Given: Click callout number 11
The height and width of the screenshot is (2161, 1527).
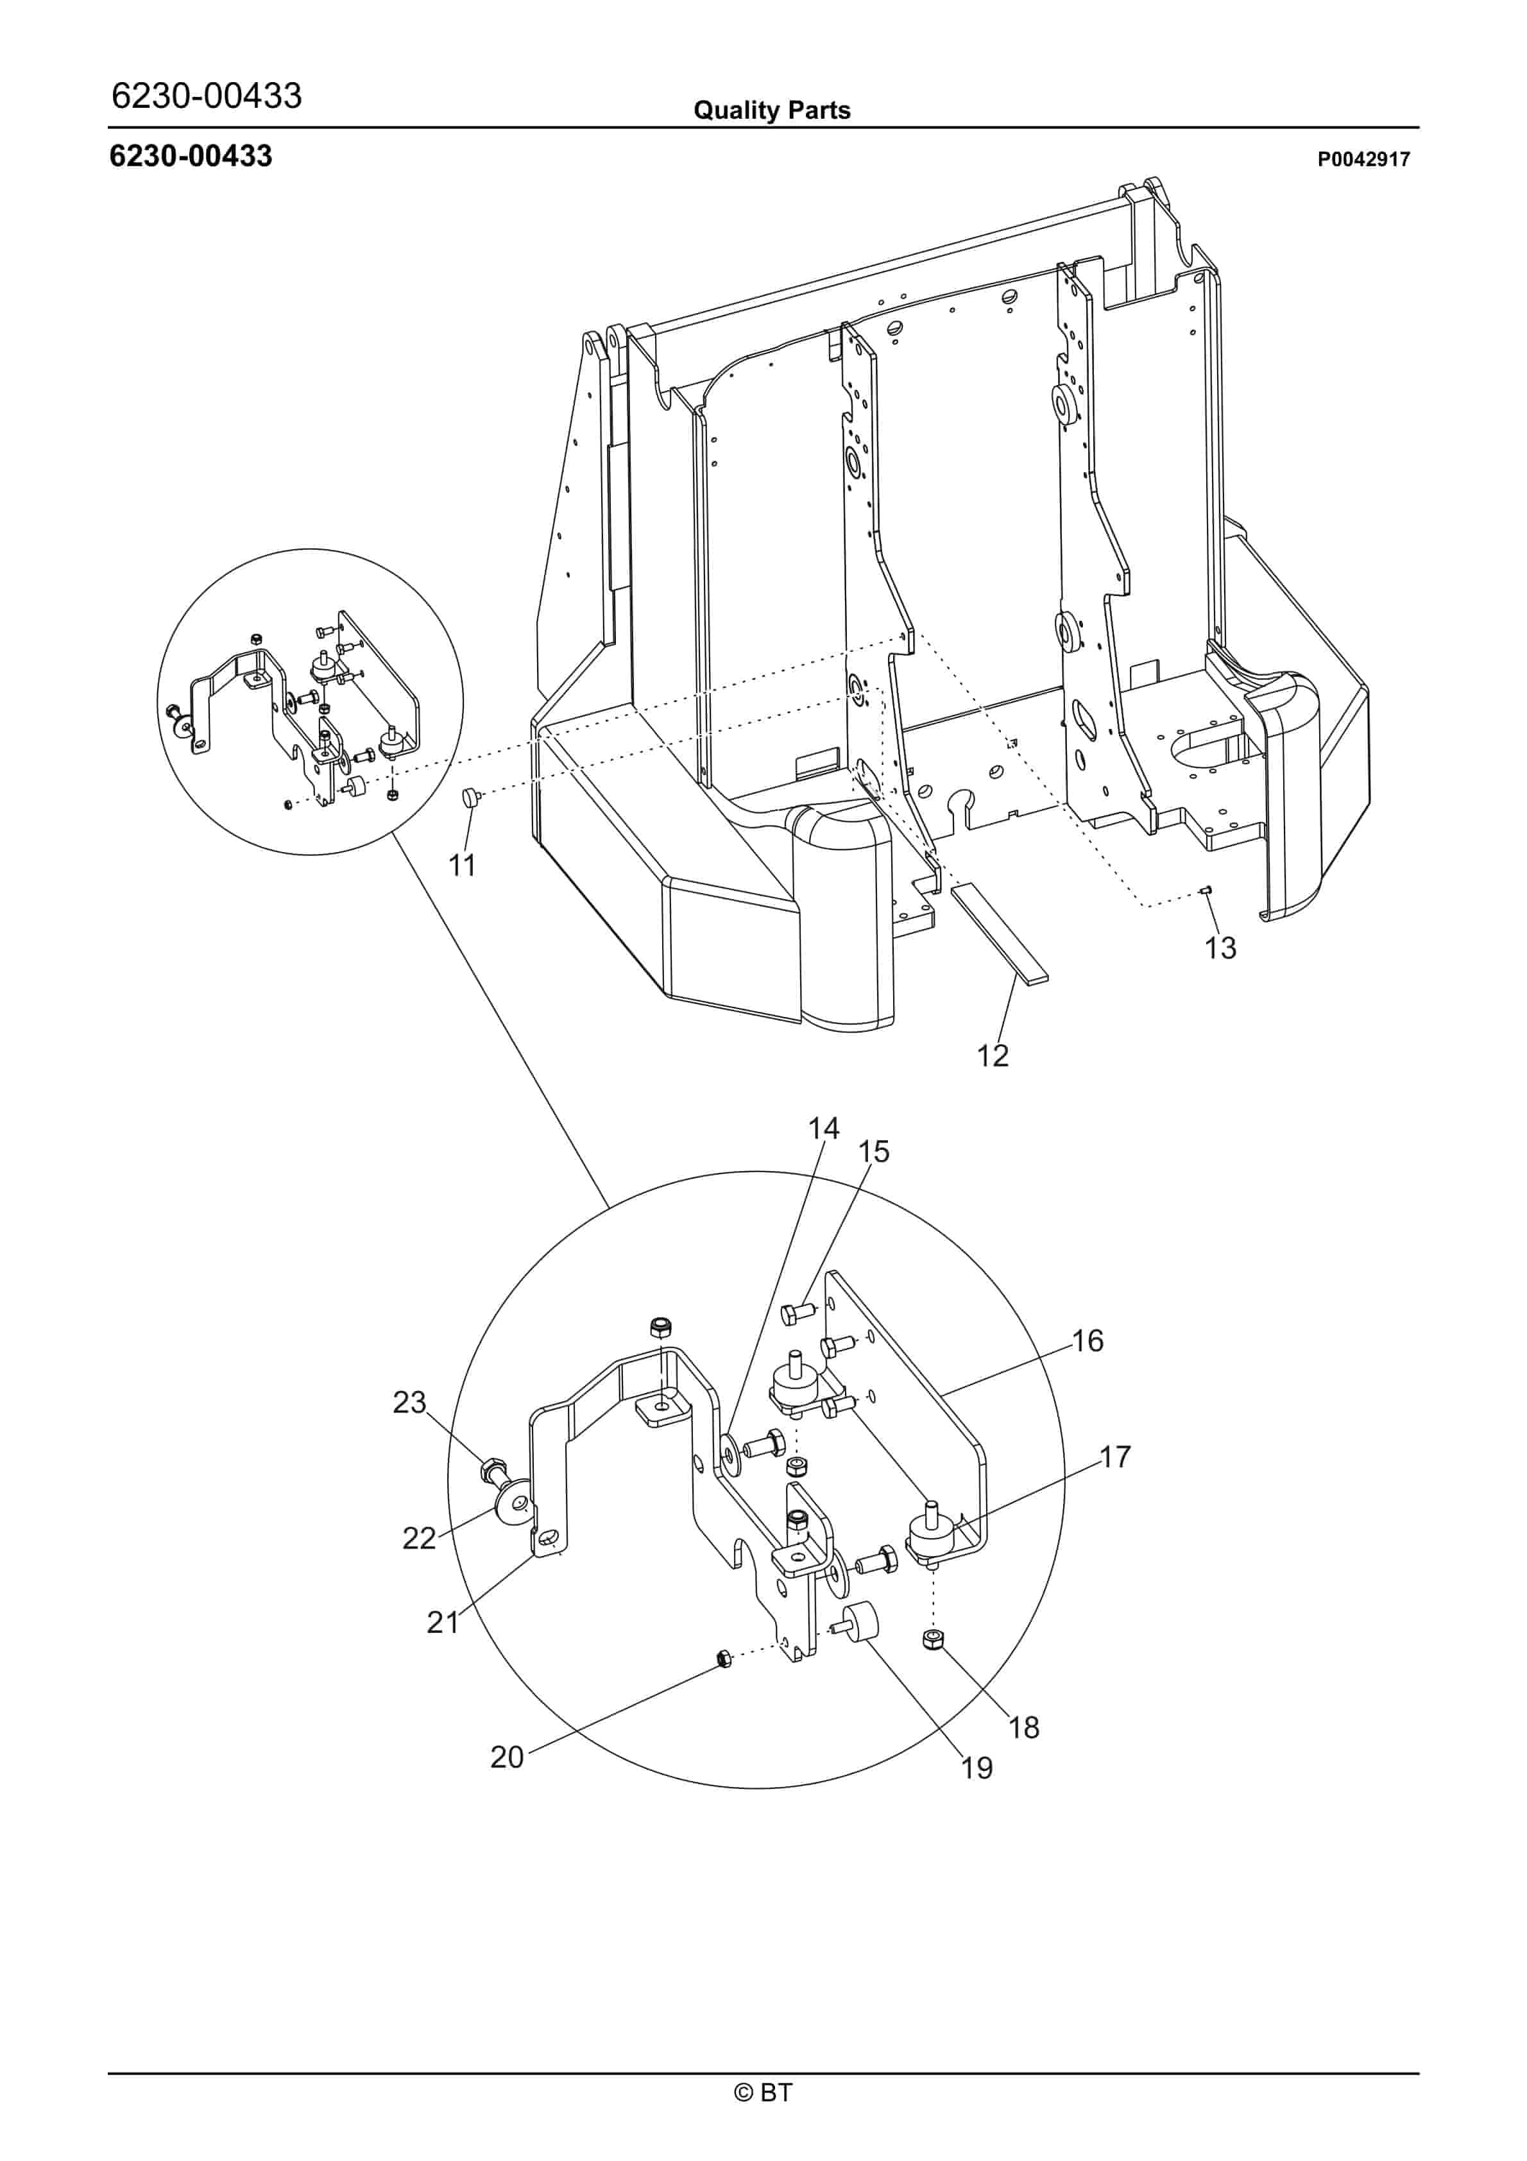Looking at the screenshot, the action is pos(461,865).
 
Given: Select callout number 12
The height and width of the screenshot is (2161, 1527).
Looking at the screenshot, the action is pos(993,1056).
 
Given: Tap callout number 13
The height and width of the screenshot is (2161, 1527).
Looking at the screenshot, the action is pos(1220,948).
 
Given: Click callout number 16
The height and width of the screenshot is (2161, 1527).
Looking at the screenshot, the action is pos(1088,1340).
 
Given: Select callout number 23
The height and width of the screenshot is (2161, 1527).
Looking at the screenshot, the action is pos(409,1403).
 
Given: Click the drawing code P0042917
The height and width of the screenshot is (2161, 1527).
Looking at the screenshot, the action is pos(1363,159).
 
